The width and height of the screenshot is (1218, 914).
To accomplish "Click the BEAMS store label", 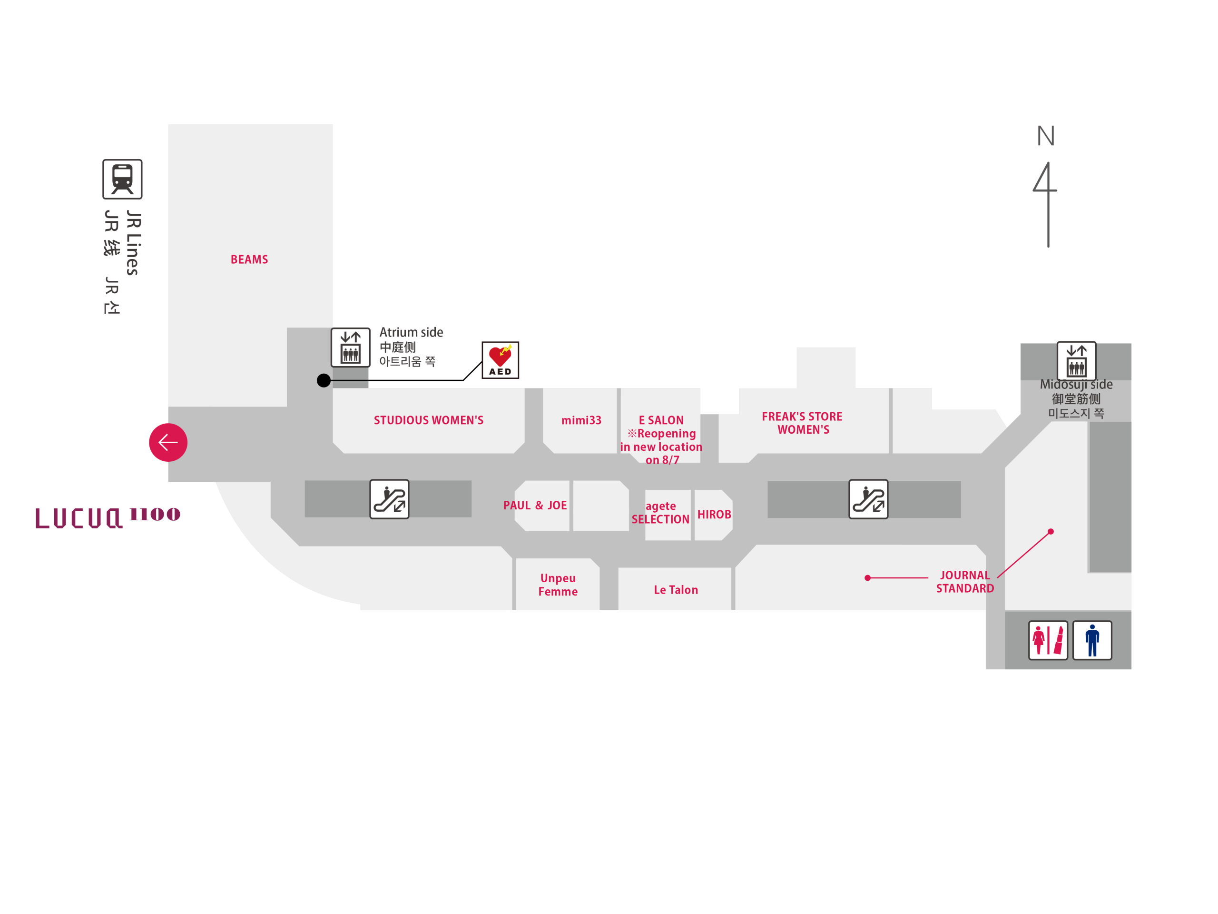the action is (249, 259).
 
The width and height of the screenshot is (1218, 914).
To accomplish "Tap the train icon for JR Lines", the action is (122, 179).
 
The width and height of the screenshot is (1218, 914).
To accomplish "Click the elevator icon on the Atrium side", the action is (350, 347).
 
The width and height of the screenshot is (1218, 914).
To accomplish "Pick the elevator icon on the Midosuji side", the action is (1076, 361).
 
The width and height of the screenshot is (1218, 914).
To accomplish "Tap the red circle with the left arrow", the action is (168, 442).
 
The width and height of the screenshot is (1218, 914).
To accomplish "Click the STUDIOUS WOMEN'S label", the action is (428, 420).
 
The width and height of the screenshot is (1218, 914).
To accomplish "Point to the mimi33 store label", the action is (581, 420).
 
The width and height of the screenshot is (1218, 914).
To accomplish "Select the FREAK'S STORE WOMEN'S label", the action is (802, 423).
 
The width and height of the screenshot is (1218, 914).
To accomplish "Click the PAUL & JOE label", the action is (535, 505).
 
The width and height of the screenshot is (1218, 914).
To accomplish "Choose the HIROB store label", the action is (714, 514).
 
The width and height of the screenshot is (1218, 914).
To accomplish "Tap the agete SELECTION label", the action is (660, 512).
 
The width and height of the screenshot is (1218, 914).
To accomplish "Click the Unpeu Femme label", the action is (558, 585).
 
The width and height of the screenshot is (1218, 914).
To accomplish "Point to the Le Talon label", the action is (676, 589).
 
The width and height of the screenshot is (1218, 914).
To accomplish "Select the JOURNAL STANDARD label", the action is (965, 582).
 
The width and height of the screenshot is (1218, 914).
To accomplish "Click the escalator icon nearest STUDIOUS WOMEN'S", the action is (389, 499).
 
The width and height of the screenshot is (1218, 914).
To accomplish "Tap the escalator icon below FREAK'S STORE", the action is (868, 499).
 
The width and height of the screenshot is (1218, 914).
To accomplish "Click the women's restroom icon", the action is (1048, 640).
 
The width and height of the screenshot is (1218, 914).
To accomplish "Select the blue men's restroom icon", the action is (1092, 640).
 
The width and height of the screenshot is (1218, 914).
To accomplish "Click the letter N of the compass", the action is (1046, 136).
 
